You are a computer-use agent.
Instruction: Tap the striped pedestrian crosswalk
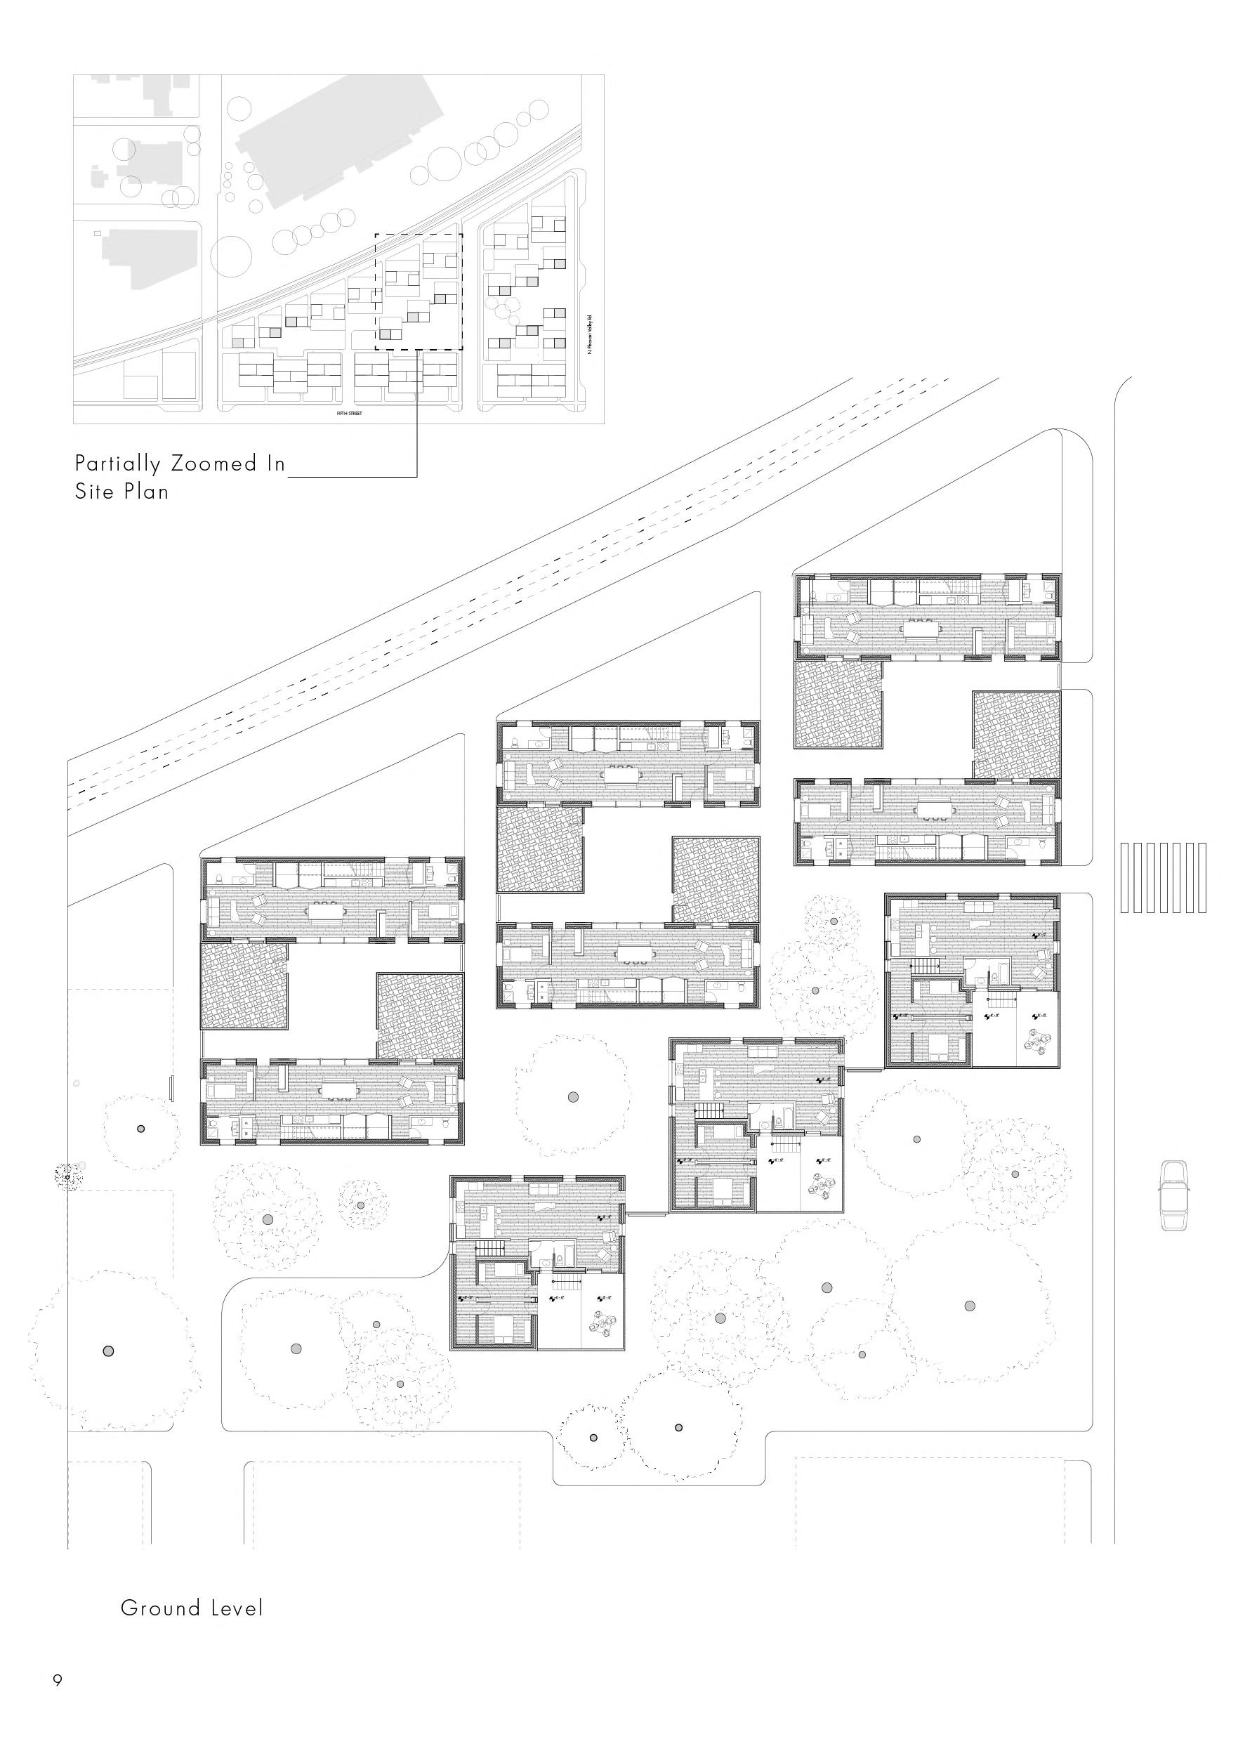tap(1164, 877)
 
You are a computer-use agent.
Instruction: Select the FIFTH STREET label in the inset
tap(349, 414)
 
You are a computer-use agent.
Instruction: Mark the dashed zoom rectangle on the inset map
tap(419, 292)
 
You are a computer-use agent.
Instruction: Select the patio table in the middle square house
tap(821, 1186)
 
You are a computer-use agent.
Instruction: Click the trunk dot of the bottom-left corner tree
tap(107, 1350)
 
